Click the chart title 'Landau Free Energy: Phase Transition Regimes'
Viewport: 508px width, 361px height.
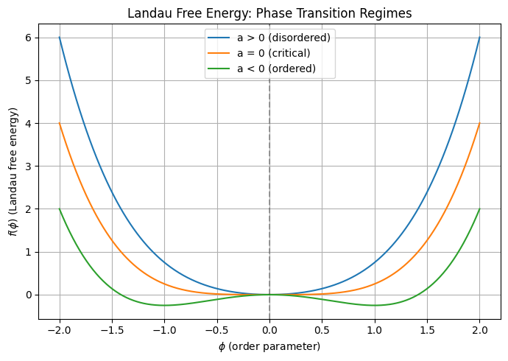click(269, 13)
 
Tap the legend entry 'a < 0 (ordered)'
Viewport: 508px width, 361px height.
click(276, 69)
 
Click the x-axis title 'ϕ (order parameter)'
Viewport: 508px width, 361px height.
click(269, 346)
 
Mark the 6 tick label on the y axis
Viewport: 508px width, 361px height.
click(29, 38)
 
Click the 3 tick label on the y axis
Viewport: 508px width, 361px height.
click(29, 167)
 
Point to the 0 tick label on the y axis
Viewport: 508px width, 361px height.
click(29, 295)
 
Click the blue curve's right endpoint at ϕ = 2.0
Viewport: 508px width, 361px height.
click(480, 38)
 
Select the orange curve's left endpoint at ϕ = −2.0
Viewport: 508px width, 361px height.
click(59, 123)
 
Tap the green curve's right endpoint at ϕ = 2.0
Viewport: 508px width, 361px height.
click(480, 208)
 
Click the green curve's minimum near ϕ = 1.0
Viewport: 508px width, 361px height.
click(375, 305)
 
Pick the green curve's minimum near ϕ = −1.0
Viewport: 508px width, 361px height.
click(164, 305)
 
